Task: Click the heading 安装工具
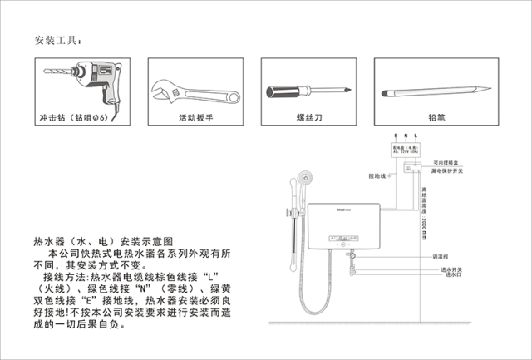(59, 41)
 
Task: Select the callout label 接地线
(378, 175)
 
